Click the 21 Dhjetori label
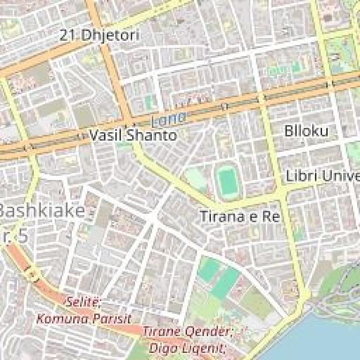coord(99,35)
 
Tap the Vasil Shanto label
coord(133,135)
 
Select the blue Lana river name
coord(168,119)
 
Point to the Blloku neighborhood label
coord(307,131)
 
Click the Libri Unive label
coord(322,177)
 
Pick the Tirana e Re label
coord(240,217)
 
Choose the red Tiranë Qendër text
coord(187,332)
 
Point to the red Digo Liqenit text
coord(187,348)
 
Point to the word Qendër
coord(208,332)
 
